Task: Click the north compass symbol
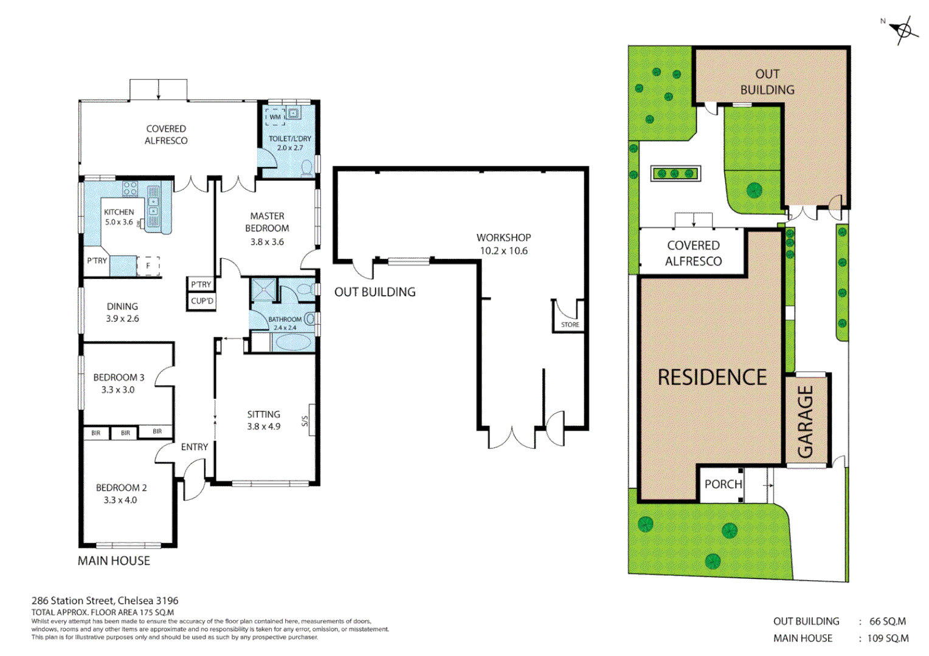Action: [903, 30]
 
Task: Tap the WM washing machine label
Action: [275, 117]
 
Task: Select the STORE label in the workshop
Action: [570, 325]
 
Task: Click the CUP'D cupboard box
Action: [202, 301]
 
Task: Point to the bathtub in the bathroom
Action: [292, 343]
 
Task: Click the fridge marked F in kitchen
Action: [148, 265]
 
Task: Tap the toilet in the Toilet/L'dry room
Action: [307, 167]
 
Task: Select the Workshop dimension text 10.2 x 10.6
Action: [503, 251]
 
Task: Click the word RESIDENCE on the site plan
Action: [712, 377]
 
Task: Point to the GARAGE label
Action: [806, 422]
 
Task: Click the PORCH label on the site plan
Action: [723, 484]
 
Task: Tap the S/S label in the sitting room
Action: [305, 421]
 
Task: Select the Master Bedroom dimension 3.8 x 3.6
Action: [267, 242]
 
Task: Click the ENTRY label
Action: [194, 447]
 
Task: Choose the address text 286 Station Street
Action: [105, 601]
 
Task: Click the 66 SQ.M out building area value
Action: [887, 621]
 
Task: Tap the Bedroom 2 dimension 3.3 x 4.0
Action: [120, 500]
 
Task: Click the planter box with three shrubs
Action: [675, 174]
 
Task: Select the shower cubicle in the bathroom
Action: [264, 290]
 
